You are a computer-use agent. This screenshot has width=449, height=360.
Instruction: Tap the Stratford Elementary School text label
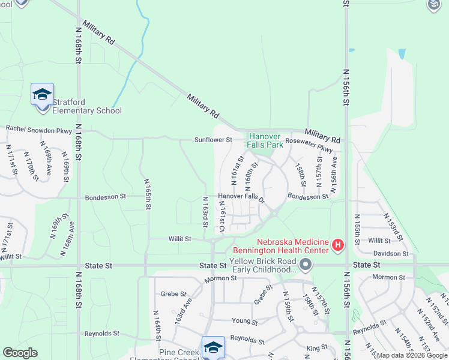[87, 106]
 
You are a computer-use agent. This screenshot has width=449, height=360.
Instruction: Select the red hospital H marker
[338, 245]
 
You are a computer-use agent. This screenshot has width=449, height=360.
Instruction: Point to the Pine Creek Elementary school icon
[213, 347]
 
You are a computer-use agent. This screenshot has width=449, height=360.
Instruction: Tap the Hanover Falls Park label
[266, 140]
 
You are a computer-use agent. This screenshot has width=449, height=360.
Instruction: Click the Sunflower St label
[212, 140]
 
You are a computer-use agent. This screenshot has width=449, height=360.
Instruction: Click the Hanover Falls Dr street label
[241, 196]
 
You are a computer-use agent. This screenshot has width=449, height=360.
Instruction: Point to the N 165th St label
[148, 194]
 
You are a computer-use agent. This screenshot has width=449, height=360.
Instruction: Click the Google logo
[20, 353]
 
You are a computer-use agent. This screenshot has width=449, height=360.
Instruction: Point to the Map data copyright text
[412, 356]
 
